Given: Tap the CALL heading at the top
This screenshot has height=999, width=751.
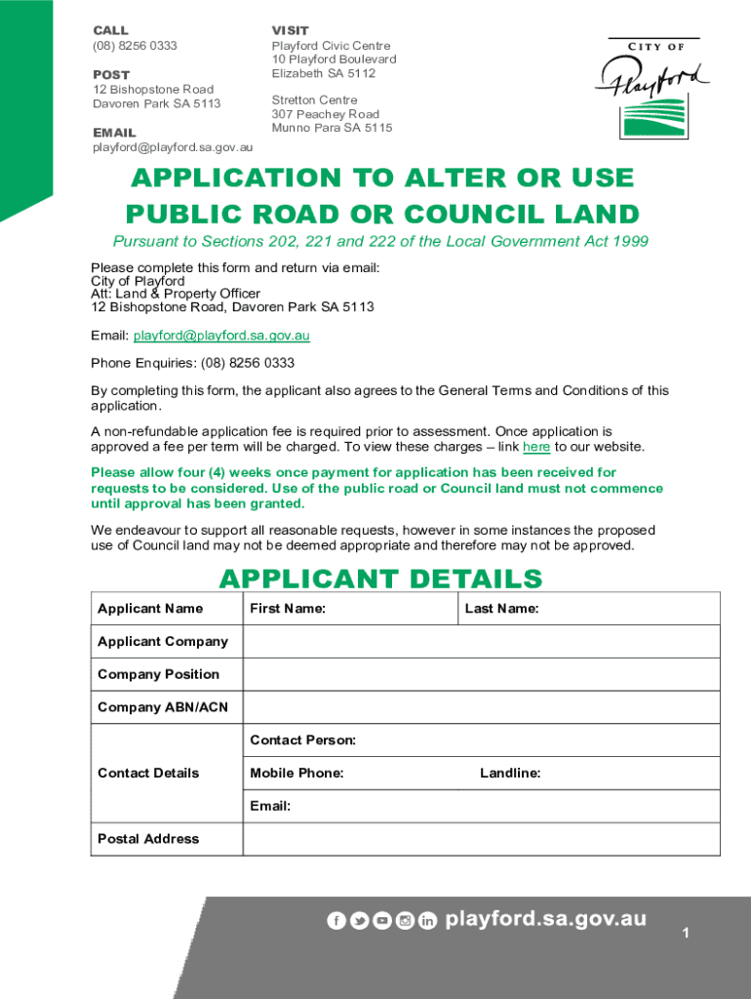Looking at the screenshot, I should tap(110, 31).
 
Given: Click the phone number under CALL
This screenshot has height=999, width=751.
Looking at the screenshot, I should tap(135, 46).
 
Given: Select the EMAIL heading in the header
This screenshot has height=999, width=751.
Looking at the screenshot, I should tap(114, 133).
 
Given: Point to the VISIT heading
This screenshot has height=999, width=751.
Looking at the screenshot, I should tap(290, 31).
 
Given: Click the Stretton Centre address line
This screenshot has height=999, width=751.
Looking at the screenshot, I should tap(314, 100).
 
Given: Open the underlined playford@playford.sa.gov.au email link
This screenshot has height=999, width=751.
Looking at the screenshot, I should tap(221, 336).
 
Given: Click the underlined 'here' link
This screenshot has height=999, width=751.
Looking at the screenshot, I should tap(536, 447).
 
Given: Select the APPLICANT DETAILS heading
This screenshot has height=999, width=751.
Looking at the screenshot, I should tap(380, 579).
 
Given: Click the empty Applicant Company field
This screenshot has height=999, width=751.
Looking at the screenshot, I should tap(481, 642).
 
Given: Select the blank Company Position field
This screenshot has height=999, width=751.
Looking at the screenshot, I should tap(481, 675).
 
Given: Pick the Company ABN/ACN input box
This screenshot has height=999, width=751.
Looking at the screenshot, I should tap(481, 708).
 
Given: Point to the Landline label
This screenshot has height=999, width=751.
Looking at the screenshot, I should tap(510, 774).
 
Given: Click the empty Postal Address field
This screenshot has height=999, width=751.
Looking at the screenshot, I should tap(481, 839).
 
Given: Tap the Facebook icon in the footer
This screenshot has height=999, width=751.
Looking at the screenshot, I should tap(336, 921).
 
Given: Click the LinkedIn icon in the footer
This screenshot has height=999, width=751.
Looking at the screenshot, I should tap(427, 921).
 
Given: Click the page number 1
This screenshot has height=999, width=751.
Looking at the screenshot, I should tap(686, 935).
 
